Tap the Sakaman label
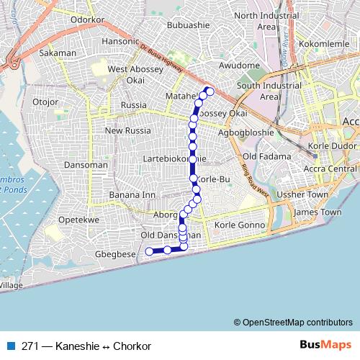[58, 53]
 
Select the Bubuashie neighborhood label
[187, 25]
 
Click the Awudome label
[240, 66]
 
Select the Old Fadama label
[266, 156]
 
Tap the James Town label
[318, 212]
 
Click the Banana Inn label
[132, 195]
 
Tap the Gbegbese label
[114, 254]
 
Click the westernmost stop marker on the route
[149, 251]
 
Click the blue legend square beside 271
[11, 346]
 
